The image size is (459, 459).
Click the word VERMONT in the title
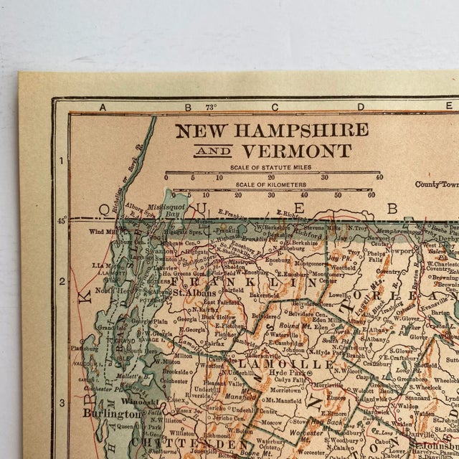296,151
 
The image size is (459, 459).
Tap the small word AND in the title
218,152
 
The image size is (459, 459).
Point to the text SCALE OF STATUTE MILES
272,167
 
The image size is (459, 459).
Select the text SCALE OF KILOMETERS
272,185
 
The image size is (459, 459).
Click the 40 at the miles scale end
379,176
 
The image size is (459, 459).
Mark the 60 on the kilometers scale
370,194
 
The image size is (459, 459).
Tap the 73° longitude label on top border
210,107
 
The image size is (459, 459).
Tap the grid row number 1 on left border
62,160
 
